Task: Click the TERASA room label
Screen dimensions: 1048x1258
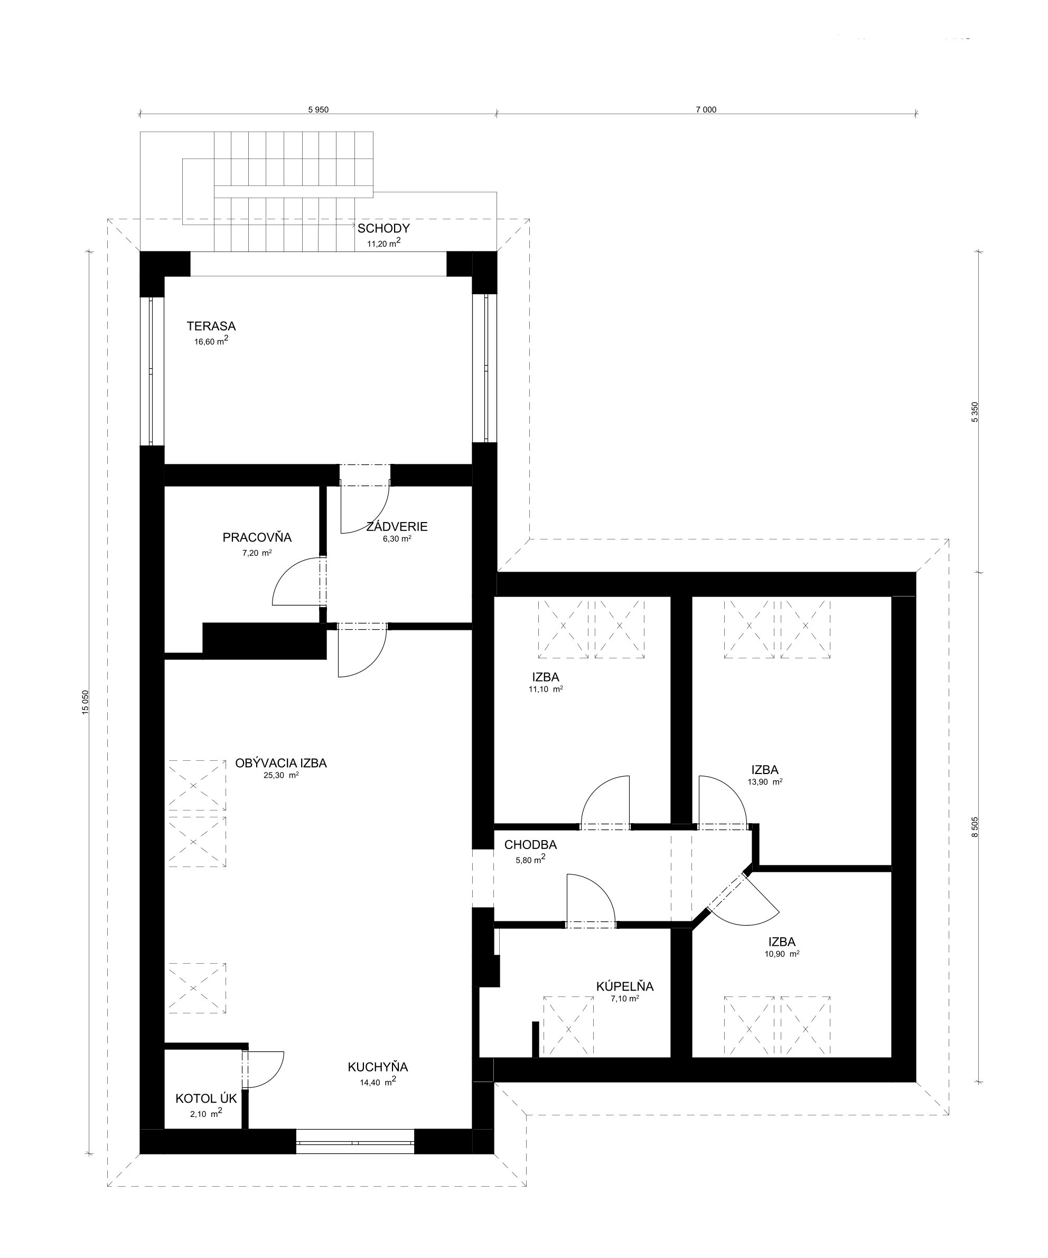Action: (211, 327)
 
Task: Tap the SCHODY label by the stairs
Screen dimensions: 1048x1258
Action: (383, 228)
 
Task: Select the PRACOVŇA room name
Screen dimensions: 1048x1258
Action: (257, 537)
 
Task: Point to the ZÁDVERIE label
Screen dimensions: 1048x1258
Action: (397, 527)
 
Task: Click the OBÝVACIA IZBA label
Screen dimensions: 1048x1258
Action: (281, 763)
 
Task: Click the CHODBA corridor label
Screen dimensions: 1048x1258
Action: (530, 845)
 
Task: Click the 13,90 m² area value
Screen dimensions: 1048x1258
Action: (765, 782)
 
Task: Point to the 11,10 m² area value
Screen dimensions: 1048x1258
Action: (545, 689)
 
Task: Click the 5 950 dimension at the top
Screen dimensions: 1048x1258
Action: (318, 109)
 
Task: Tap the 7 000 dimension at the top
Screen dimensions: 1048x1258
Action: (706, 109)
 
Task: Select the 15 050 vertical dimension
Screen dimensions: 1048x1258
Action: (86, 702)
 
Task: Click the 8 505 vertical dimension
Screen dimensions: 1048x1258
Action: (975, 827)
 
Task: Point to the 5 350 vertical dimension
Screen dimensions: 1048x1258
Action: (975, 412)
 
